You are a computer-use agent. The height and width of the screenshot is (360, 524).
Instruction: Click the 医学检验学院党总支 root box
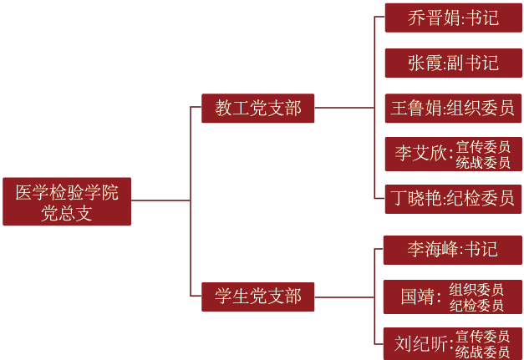67,201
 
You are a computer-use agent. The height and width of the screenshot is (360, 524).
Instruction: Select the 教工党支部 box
257,109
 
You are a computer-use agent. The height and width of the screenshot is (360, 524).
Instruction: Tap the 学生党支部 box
257,297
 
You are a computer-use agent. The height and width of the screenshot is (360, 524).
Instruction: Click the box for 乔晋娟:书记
454,18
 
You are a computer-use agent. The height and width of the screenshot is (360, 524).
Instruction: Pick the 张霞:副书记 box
454,63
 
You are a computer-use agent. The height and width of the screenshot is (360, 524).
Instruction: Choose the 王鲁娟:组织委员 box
453,109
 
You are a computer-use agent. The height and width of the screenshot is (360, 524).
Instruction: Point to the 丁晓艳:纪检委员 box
453,199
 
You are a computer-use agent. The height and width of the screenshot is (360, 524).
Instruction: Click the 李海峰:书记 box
452,250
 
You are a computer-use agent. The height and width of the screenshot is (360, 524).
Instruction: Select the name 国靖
418,297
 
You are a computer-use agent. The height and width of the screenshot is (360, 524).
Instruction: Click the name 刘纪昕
420,343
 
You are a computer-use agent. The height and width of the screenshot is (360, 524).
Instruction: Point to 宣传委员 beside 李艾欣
483,147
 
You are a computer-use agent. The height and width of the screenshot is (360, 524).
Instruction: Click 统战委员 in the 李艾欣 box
483,163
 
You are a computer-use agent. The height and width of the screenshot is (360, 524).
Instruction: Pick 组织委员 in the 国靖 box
476,289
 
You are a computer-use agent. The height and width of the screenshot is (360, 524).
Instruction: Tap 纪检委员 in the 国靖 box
476,305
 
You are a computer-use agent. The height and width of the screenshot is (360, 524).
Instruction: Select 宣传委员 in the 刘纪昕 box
482,337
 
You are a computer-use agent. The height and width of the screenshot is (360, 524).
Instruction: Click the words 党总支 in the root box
67,213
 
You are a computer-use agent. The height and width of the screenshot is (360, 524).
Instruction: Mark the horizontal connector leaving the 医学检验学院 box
160,200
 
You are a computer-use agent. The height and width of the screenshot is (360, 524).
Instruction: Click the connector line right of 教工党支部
344,108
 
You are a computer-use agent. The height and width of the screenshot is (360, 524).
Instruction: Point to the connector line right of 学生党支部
344,297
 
